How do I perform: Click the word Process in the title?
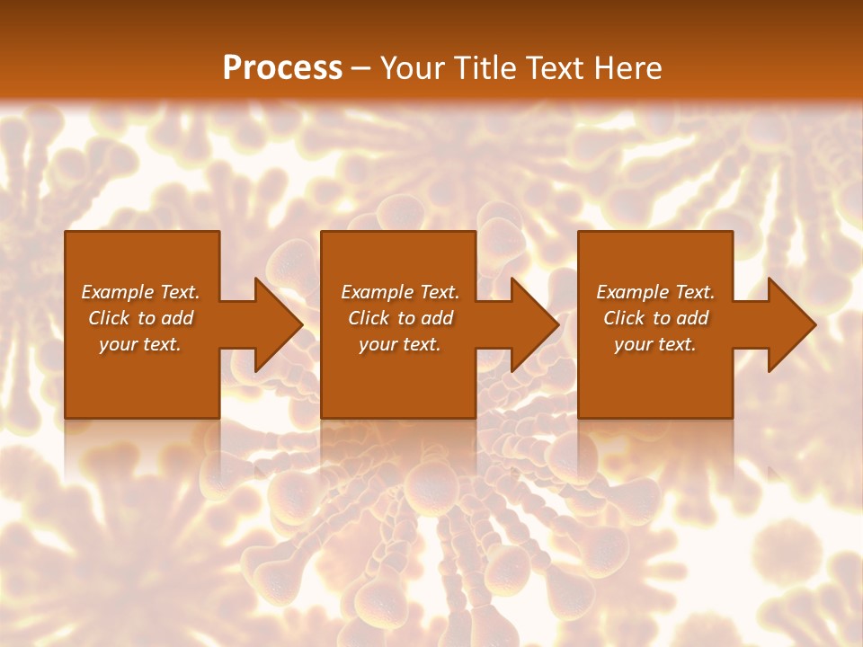pyautogui.click(x=282, y=68)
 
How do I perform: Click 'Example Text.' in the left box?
pyautogui.click(x=141, y=292)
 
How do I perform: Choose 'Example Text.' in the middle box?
pyautogui.click(x=400, y=292)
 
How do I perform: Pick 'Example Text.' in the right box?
pyautogui.click(x=655, y=292)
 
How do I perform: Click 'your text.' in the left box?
pyautogui.click(x=140, y=344)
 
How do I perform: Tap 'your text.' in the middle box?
pyautogui.click(x=400, y=344)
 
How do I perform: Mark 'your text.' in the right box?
pyautogui.click(x=655, y=344)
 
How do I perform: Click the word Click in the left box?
pyautogui.click(x=109, y=318)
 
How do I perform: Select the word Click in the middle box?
pyautogui.click(x=369, y=318)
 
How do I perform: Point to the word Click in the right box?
pyautogui.click(x=624, y=318)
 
